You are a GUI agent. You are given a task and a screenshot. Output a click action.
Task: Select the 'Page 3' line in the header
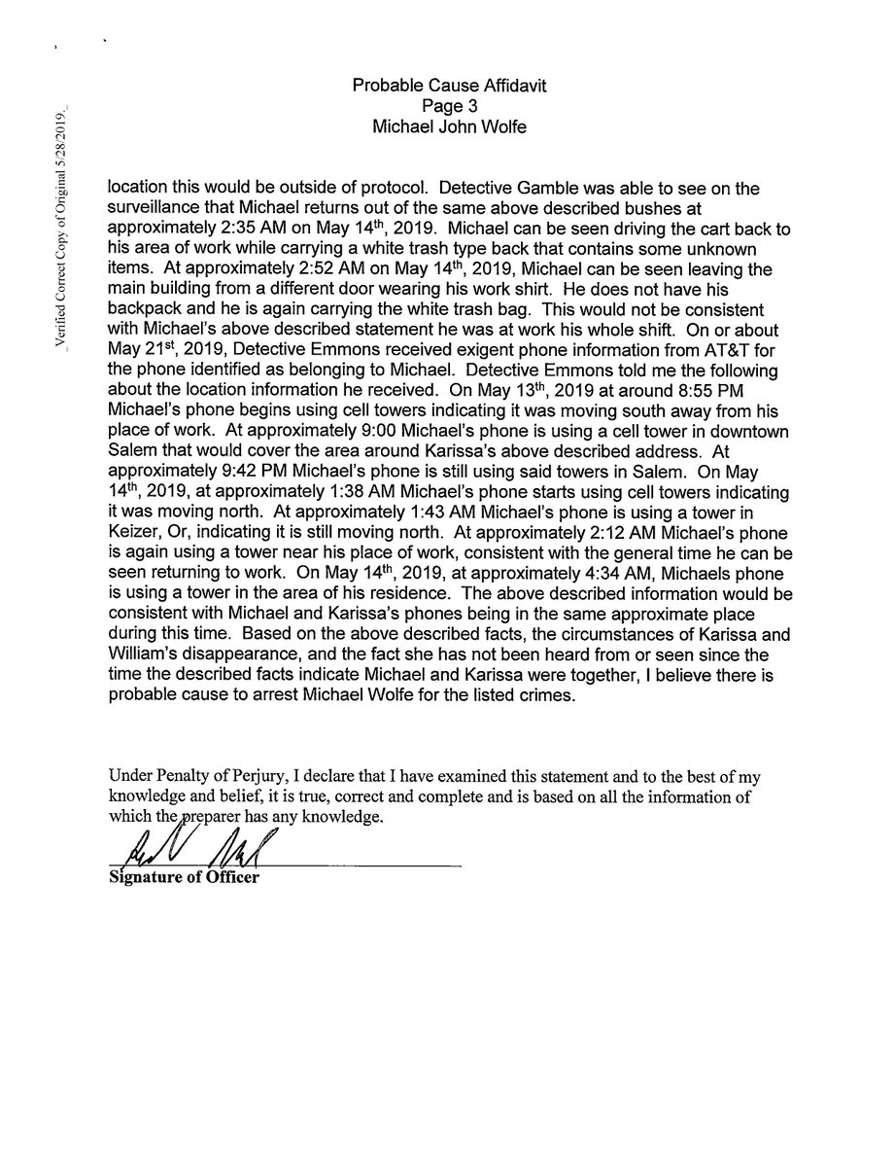(448, 106)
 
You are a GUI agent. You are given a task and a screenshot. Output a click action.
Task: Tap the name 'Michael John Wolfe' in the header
(448, 126)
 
